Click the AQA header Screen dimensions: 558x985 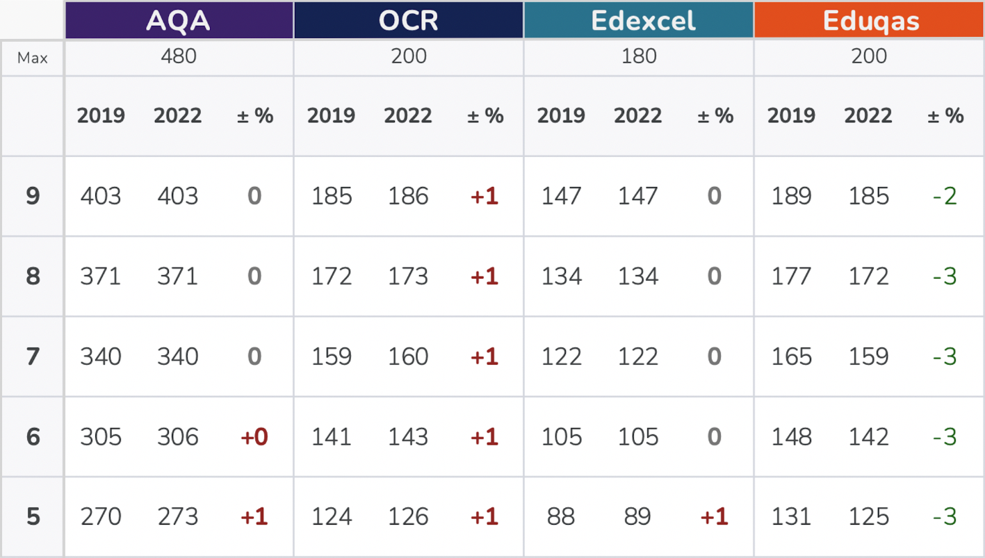pos(179,21)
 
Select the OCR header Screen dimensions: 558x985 pos(408,21)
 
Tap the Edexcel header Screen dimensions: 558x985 pos(638,21)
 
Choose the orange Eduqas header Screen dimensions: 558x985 pos(869,21)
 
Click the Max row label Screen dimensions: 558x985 pos(33,58)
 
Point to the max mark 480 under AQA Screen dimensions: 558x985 pos(179,56)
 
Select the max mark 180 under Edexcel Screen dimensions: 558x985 pos(638,56)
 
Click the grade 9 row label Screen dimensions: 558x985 pos(33,196)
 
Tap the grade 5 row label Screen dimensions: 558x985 pos(33,517)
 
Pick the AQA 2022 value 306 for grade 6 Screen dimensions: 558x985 pos(178,437)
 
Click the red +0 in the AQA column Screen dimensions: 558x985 pos(254,437)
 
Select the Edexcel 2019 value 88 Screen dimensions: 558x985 pos(561,517)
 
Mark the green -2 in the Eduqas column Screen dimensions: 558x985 pos(945,196)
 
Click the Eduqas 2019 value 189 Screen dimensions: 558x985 pos(791,196)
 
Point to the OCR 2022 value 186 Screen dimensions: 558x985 pos(408,196)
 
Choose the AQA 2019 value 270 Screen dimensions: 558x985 pos(101,517)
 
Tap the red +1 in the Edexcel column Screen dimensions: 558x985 pos(715,517)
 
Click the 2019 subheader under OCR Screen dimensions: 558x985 pos(331,115)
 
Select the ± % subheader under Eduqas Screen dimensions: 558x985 pos(945,115)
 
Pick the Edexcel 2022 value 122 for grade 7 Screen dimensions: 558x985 pos(638,356)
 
